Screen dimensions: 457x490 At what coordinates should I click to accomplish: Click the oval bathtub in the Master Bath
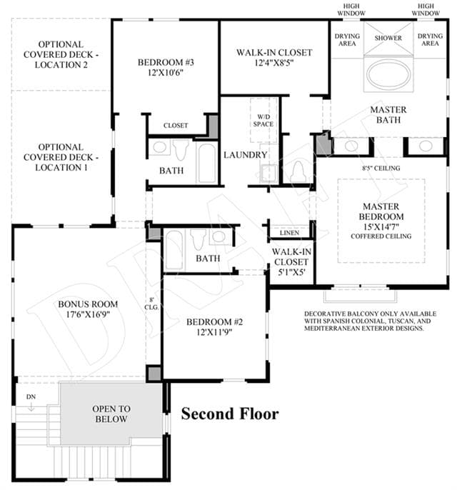(388, 74)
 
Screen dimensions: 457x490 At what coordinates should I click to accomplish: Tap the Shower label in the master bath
(388, 38)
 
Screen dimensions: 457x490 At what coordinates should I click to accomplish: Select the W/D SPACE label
(263, 120)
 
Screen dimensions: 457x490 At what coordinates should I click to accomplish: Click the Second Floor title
(230, 414)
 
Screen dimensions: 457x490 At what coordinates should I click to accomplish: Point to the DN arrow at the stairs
(31, 407)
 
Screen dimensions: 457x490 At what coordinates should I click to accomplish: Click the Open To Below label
(111, 414)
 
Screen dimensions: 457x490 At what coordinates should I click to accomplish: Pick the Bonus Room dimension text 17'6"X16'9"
(88, 314)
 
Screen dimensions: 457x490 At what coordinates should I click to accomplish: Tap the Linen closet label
(289, 233)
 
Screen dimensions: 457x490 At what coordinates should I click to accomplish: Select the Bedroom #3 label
(166, 62)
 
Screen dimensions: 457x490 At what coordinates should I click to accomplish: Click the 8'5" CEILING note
(381, 168)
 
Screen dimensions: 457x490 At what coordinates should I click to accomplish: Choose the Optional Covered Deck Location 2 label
(61, 55)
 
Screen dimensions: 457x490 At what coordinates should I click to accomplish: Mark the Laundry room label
(246, 155)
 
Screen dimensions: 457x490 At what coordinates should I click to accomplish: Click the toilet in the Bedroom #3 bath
(181, 150)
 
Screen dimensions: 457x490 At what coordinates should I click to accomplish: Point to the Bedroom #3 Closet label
(176, 126)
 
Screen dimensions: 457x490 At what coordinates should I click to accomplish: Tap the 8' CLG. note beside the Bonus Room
(151, 304)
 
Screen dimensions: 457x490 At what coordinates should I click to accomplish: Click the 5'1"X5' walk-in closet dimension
(291, 272)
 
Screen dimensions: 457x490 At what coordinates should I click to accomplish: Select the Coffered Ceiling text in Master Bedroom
(381, 236)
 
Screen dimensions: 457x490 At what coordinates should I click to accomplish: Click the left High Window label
(351, 10)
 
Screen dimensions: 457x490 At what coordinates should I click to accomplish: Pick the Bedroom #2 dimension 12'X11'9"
(214, 332)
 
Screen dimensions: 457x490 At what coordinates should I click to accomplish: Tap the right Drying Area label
(430, 40)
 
